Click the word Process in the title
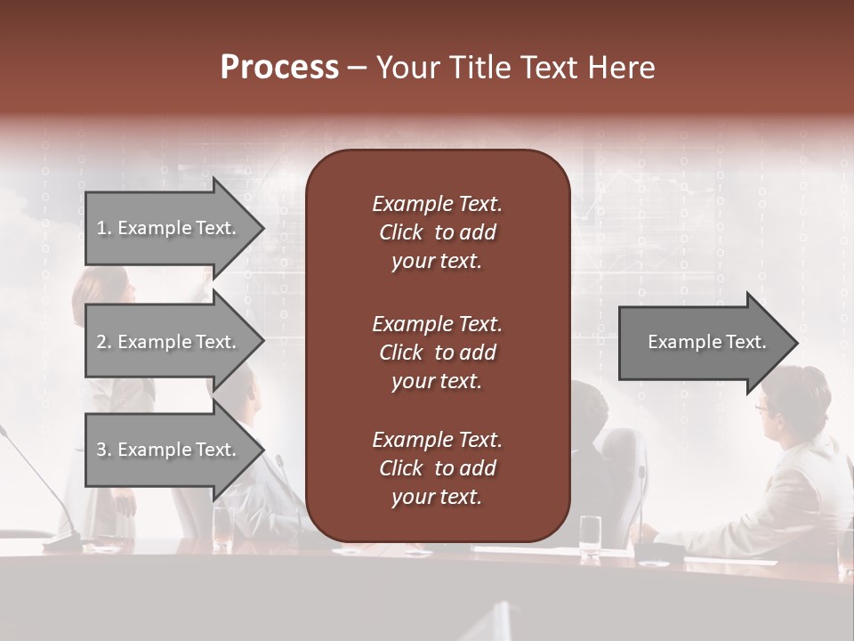[x=279, y=68]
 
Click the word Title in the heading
[x=477, y=68]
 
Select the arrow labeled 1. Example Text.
[x=169, y=228]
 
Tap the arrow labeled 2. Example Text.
[x=169, y=342]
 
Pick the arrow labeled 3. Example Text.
[x=169, y=450]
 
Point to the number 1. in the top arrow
[x=104, y=228]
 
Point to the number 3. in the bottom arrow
[x=104, y=450]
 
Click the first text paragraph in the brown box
[x=437, y=232]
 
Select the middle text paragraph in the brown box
[x=437, y=352]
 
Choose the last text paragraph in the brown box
[x=437, y=468]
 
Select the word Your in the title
[x=406, y=68]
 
